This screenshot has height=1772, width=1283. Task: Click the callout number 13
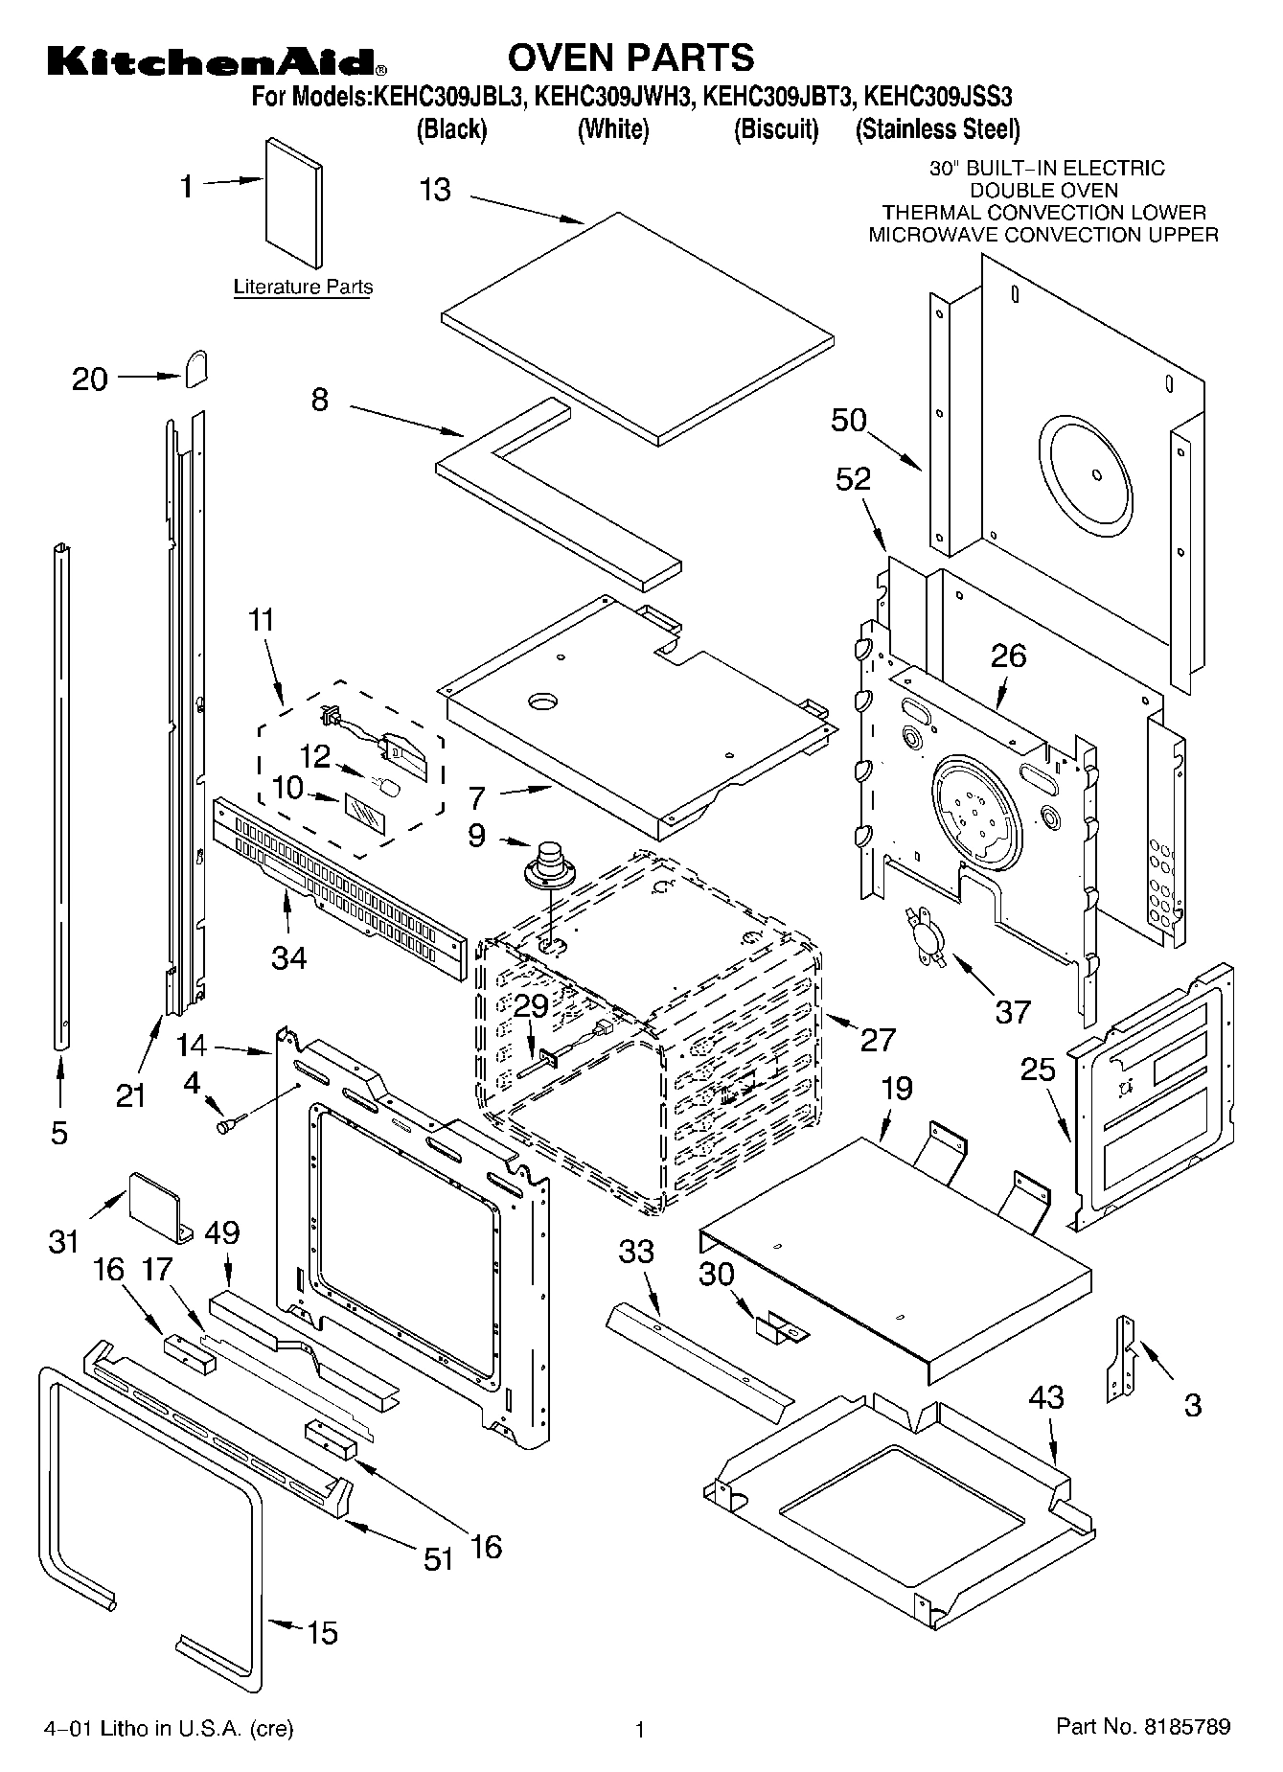[x=435, y=190]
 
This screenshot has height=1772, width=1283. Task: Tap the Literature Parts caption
[x=303, y=287]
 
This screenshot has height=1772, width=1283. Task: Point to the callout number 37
[x=1013, y=1011]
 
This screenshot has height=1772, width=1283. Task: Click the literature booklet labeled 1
[x=293, y=202]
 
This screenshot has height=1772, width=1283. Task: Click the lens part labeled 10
[x=363, y=812]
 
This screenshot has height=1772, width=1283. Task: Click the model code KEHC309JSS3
[x=939, y=97]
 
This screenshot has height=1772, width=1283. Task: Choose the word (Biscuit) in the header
[x=776, y=129]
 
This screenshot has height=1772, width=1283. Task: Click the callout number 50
[x=849, y=420]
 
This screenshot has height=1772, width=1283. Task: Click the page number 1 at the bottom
[x=640, y=1729]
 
